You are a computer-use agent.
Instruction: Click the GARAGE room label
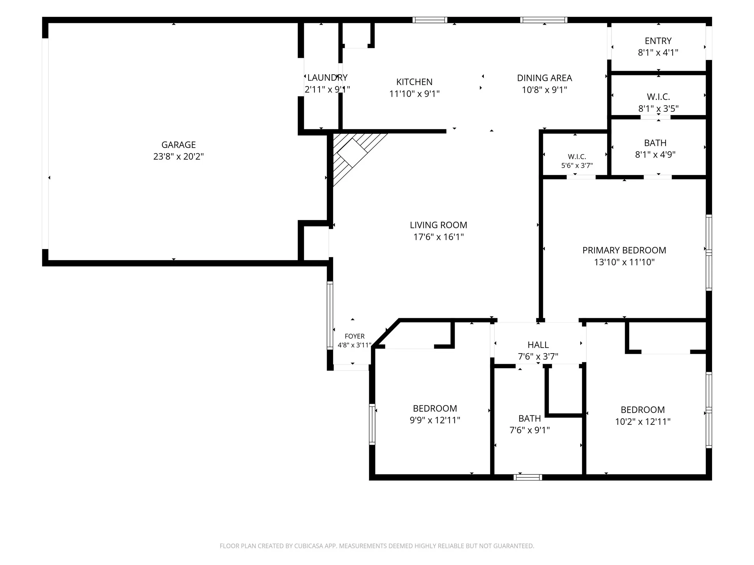(179, 145)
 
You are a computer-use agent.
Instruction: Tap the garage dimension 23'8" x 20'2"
(179, 157)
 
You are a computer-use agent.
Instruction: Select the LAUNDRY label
(327, 78)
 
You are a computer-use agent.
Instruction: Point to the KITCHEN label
(414, 82)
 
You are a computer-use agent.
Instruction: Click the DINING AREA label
(545, 78)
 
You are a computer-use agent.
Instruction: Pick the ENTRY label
(658, 41)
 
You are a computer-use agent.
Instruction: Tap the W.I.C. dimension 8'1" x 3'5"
(658, 109)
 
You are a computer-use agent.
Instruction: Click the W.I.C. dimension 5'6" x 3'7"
(577, 166)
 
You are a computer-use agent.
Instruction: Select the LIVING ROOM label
(438, 225)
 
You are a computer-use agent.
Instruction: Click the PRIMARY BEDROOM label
(624, 250)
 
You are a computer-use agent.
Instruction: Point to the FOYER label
(355, 336)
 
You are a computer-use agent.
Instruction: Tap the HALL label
(538, 345)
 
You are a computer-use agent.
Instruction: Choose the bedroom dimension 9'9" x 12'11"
(435, 420)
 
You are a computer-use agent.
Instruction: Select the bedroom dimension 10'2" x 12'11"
(643, 422)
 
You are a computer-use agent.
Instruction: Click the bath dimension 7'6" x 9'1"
(529, 430)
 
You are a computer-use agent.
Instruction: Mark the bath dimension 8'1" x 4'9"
(655, 154)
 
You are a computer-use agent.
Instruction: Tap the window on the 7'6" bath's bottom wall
(528, 477)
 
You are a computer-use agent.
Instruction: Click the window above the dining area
(544, 20)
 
